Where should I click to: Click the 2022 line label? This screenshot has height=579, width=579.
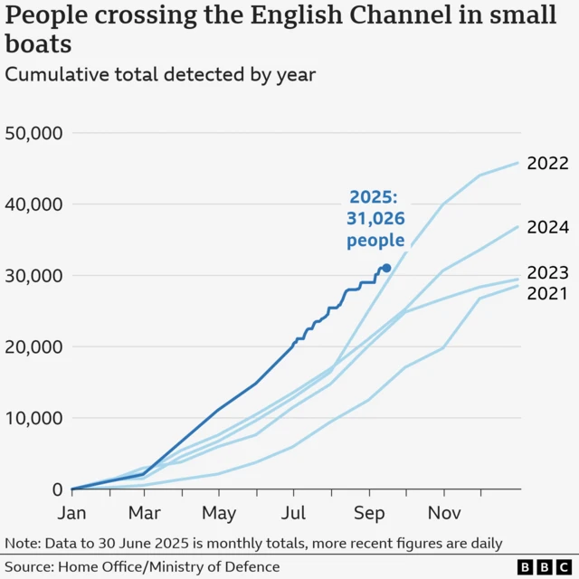547,164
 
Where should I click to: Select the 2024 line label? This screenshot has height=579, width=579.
547,228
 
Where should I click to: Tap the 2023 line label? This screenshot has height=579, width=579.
547,273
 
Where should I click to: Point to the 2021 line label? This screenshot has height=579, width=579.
547,293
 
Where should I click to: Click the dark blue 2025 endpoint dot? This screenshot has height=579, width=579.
386,268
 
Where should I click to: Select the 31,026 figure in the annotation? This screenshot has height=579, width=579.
375,219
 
